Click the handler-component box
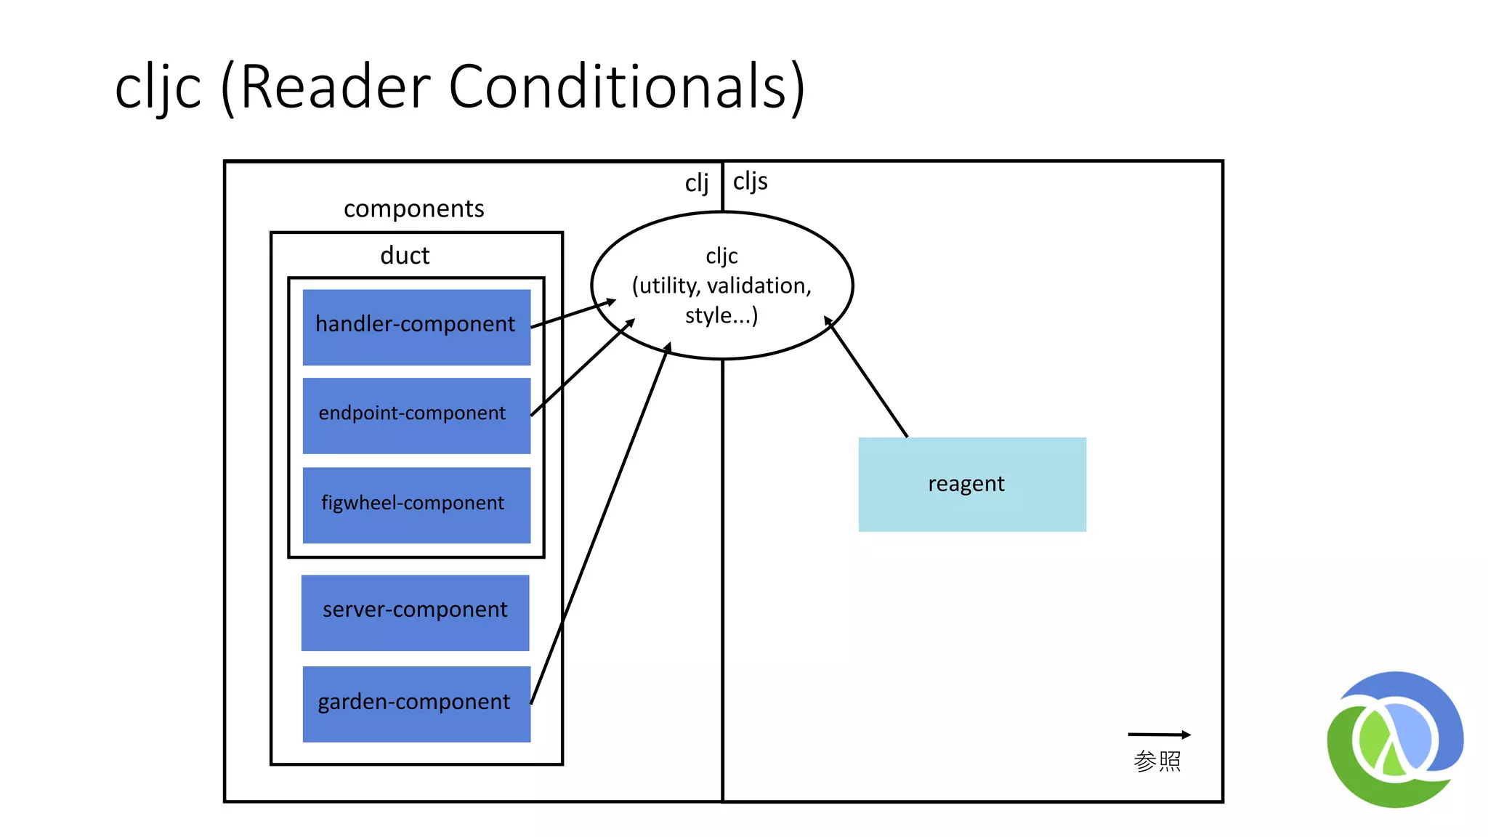click(416, 327)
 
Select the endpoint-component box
click(416, 416)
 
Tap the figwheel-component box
click(416, 505)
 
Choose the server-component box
click(415, 612)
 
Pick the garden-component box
click(416, 704)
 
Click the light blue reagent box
click(972, 485)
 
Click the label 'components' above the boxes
click(413, 209)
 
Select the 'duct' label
click(405, 256)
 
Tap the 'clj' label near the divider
click(696, 183)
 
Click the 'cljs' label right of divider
click(750, 182)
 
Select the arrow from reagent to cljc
click(866, 376)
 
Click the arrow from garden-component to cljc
click(600, 523)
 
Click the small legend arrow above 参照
click(1159, 735)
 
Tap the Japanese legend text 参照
click(1157, 761)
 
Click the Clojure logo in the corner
click(1395, 739)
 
